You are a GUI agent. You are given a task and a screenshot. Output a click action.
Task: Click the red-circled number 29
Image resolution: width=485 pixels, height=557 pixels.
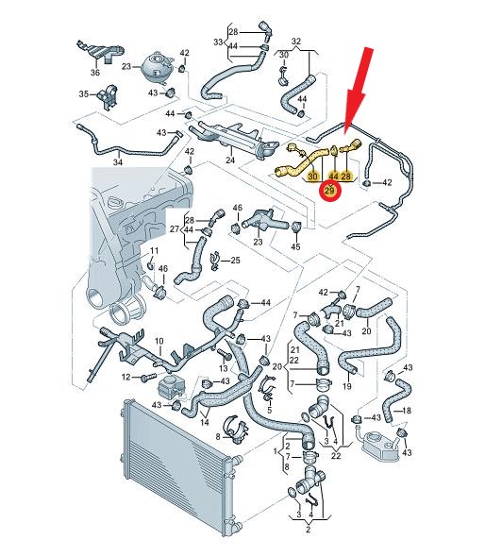(x=330, y=191)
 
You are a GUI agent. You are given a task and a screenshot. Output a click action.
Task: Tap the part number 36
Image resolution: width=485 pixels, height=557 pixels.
(x=95, y=72)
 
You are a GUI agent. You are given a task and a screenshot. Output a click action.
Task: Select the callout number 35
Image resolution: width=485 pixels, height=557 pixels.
(x=84, y=94)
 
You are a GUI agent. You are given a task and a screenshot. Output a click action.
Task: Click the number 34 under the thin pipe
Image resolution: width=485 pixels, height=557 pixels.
(x=118, y=162)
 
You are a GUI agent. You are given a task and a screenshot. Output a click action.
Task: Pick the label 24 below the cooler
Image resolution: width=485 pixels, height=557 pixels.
(x=230, y=160)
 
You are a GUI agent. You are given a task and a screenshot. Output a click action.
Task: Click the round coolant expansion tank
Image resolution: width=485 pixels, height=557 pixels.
(x=158, y=67)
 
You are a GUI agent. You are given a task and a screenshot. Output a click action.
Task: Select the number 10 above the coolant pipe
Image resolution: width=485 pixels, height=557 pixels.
(x=159, y=342)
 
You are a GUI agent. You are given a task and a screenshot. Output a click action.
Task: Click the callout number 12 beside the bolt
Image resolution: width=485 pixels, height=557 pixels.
(x=126, y=377)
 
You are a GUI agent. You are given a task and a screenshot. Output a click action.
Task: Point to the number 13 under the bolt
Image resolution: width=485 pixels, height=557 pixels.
(x=224, y=368)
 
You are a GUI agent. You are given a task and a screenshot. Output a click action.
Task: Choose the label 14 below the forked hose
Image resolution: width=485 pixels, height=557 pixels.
(x=205, y=422)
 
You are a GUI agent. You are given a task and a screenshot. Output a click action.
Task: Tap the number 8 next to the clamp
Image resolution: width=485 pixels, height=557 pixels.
(x=218, y=436)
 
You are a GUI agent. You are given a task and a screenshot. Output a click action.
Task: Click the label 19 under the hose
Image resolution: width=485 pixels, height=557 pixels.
(x=347, y=386)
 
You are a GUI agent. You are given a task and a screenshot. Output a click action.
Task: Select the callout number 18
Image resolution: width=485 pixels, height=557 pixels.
(x=407, y=411)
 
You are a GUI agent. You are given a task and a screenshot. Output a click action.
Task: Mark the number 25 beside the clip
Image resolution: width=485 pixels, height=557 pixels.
(x=235, y=261)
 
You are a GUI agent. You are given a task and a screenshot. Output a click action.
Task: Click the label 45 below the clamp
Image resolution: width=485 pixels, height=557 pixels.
(x=295, y=246)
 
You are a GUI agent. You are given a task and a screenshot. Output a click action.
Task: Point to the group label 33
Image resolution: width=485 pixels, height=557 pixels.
(x=218, y=42)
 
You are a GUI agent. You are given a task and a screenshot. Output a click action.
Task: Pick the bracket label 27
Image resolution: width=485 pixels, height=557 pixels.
(x=175, y=228)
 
